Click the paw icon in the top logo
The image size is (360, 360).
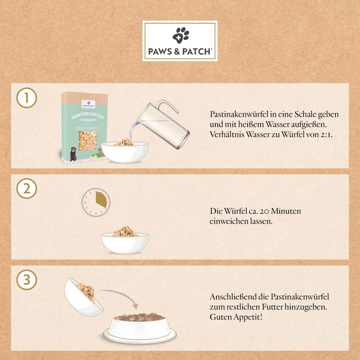pos(180,35)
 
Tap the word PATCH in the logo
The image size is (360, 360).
pos(197,51)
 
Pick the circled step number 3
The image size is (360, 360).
pos(27,280)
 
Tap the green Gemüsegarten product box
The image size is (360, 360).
pos(84,126)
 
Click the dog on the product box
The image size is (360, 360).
pos(73,154)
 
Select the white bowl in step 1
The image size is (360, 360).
pos(125,152)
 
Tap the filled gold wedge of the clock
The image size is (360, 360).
pos(101,199)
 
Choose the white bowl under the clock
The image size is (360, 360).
pos(125,243)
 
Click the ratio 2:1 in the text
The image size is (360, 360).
pos(327,135)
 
